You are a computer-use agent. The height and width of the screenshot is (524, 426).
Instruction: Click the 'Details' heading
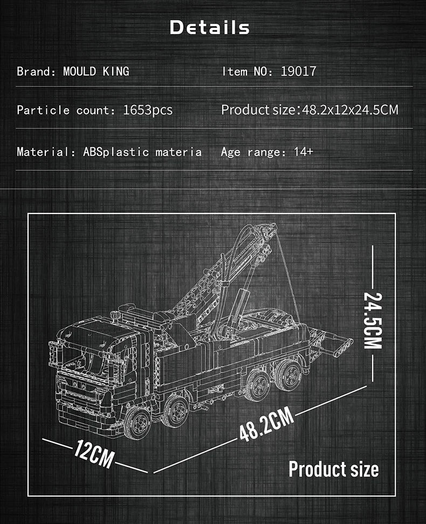tap(210, 27)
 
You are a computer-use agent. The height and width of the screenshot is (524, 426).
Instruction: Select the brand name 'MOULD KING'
tap(96, 71)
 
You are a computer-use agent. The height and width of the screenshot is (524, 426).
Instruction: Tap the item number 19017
tap(298, 71)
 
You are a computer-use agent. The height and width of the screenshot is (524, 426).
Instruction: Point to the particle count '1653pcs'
tap(148, 110)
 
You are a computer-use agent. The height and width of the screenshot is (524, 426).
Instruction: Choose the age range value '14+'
tap(303, 151)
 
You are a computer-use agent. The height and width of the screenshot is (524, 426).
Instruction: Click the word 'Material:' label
tap(47, 152)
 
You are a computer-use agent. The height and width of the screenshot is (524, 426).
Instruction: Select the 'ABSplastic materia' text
tap(142, 152)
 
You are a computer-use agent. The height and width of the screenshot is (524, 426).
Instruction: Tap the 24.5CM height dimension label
tap(373, 320)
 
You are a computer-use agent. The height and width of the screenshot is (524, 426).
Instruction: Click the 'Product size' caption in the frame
tap(333, 468)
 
